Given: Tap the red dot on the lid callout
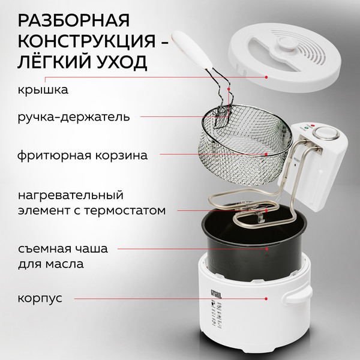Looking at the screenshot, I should (266, 76).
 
